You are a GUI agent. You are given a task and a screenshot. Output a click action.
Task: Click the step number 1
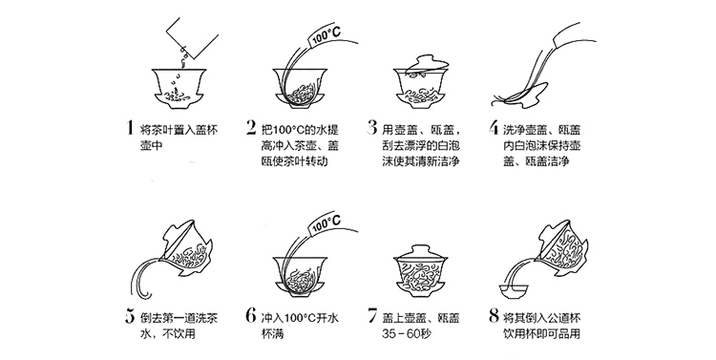pos(130,127)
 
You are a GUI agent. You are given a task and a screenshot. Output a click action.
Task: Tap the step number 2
pos(251,127)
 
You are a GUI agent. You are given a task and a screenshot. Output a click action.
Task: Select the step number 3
pos(371,127)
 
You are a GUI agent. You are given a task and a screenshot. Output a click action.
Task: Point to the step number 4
pos(494,127)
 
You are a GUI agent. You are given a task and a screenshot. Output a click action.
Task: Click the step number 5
pos(130,316)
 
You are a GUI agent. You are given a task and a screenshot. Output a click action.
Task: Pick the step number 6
pos(251,316)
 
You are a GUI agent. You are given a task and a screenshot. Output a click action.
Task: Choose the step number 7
pos(372,316)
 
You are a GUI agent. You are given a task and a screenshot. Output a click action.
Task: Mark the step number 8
pos(494,316)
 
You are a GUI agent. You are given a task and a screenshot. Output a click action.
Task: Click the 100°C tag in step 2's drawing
pos(326,35)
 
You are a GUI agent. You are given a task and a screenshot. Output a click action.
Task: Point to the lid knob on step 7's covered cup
pos(418,249)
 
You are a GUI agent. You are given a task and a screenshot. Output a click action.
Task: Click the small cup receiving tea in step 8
pos(514,292)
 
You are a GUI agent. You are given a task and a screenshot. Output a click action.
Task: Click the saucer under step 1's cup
pos(179,101)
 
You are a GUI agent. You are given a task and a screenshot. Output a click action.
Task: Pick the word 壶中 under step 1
pos(148,145)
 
